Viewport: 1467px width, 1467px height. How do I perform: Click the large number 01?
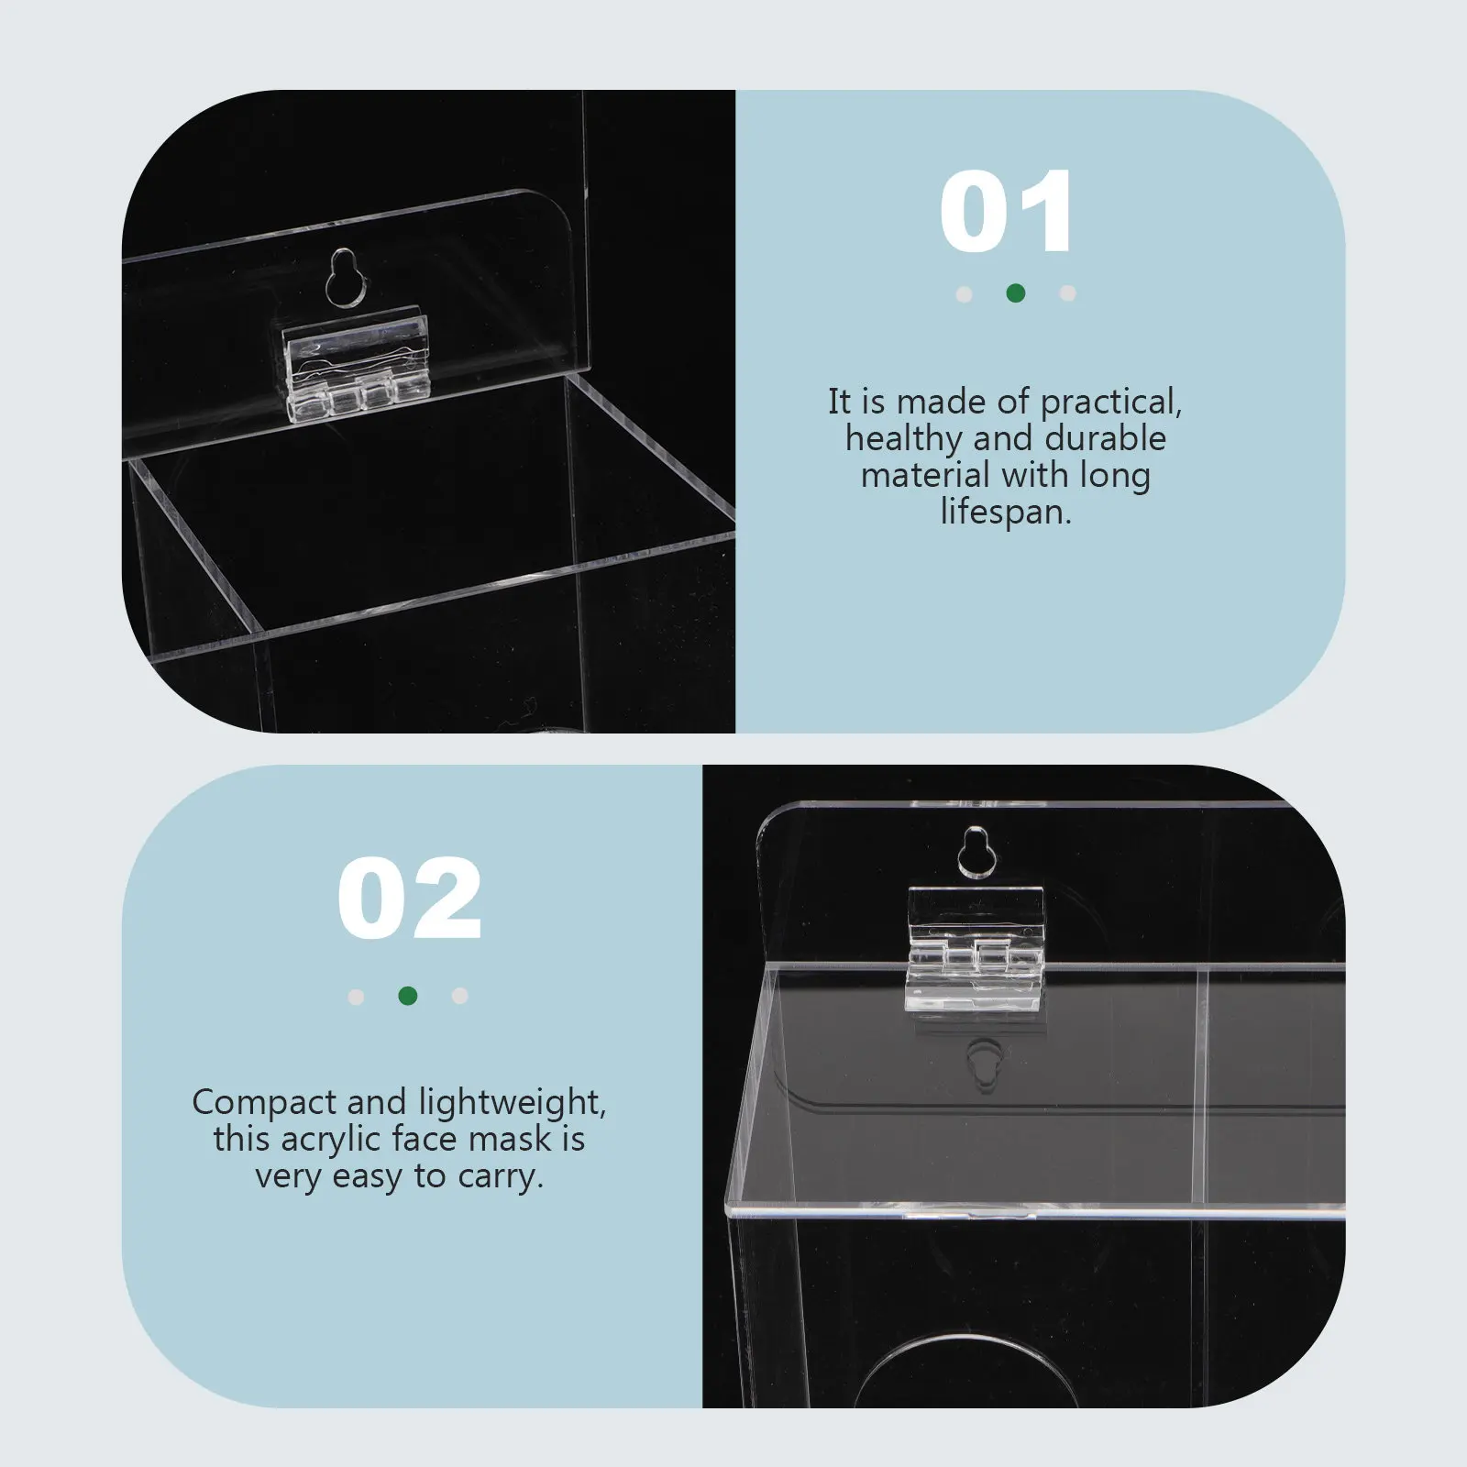click(1006, 212)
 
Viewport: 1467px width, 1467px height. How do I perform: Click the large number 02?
click(409, 899)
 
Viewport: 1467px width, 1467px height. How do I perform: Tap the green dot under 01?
click(1015, 293)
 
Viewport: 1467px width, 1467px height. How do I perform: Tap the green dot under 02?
click(408, 996)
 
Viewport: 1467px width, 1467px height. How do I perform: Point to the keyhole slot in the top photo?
click(344, 276)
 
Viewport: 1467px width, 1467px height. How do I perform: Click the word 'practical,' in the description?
click(1111, 403)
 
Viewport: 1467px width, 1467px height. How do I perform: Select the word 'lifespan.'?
click(1006, 512)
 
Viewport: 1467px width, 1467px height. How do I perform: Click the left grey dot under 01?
click(964, 294)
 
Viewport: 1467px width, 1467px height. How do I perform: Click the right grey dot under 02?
click(460, 996)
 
